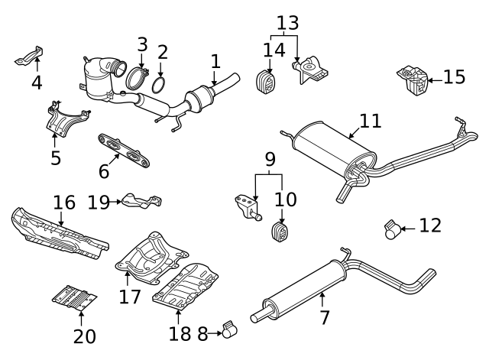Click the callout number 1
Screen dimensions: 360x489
pos(215,60)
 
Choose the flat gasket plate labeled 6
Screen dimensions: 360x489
pos(125,149)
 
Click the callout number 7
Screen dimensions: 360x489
pos(325,316)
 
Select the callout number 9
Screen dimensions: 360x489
pos(269,160)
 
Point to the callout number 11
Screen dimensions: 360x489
pos(370,121)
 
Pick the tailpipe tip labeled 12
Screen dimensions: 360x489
pos(392,229)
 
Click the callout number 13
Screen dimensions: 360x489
pos(287,23)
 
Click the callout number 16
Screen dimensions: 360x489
pos(64,203)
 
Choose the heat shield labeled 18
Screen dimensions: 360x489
pos(186,286)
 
